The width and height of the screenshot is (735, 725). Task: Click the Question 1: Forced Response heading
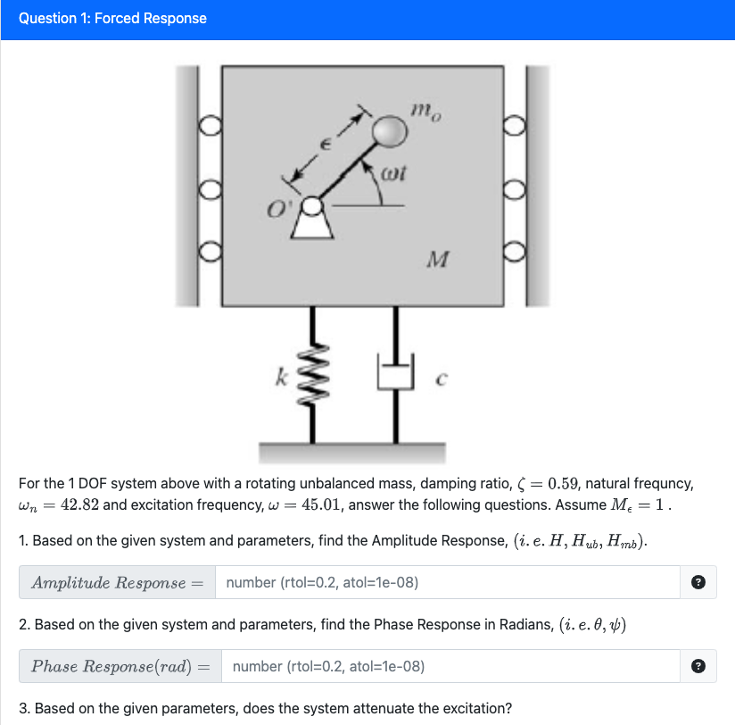point(112,19)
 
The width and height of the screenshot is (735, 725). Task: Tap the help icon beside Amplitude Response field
point(698,583)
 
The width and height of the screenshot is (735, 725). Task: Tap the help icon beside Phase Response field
point(698,666)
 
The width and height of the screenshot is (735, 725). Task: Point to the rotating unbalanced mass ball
point(389,132)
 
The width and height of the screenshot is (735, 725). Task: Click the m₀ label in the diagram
point(425,112)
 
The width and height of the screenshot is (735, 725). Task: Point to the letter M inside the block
point(437,261)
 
